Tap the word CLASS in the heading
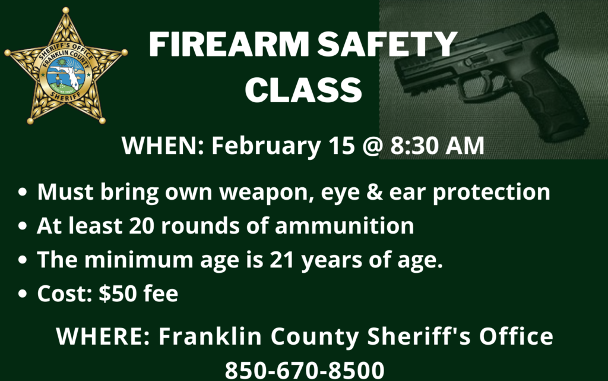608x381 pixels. pyautogui.click(x=303, y=89)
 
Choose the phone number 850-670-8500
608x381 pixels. pyautogui.click(x=303, y=369)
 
